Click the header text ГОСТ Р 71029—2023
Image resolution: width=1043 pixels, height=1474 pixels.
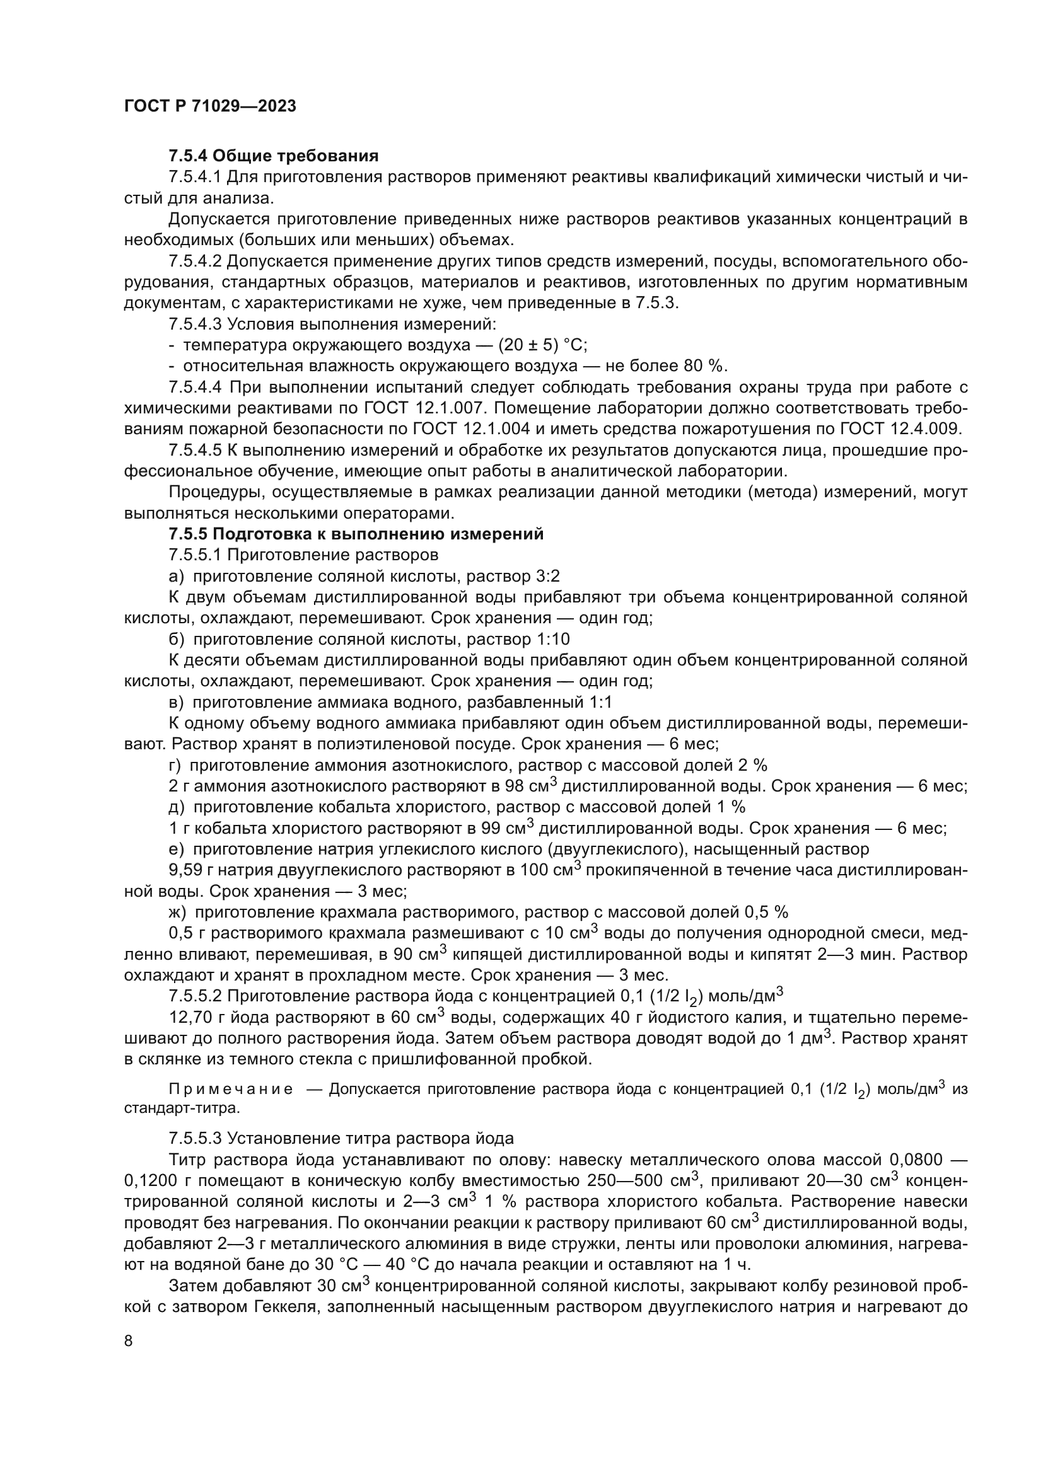210,107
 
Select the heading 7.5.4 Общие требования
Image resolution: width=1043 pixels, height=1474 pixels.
273,156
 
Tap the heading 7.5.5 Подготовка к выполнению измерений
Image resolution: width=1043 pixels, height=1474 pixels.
356,534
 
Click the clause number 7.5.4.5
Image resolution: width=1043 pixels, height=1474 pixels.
195,450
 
